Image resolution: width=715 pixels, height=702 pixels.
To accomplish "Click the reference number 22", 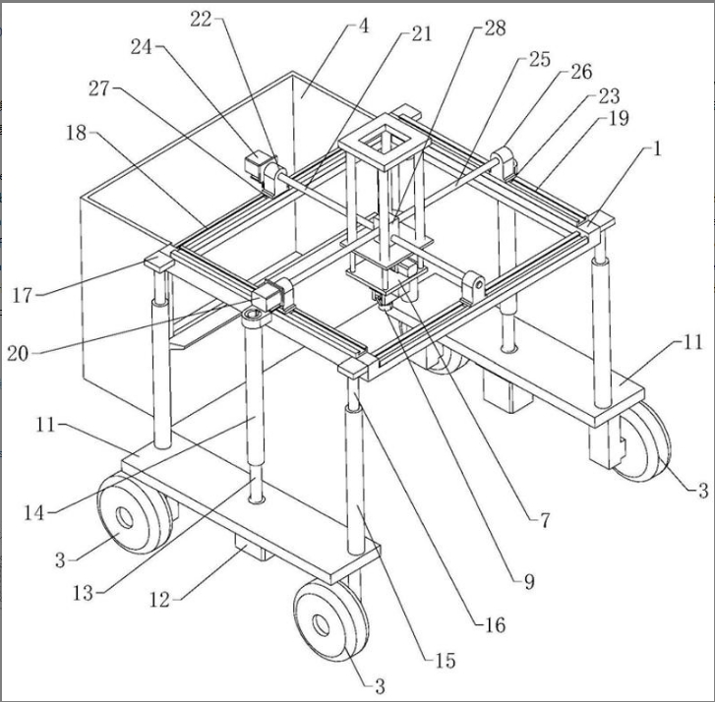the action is coord(201,20).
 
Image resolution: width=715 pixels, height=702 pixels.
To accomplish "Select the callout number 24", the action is coord(142,46).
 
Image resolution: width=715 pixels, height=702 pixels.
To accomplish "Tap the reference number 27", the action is coord(98,88).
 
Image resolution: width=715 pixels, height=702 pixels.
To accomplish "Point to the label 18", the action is coord(77,133).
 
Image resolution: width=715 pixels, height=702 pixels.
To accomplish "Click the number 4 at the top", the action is coord(364,26).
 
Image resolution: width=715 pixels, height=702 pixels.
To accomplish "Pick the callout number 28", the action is coord(496,29).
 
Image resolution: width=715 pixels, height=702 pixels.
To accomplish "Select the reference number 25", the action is coord(540,59).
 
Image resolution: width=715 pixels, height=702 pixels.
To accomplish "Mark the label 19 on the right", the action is coord(619,119).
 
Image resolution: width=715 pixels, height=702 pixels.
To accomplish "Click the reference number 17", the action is coord(23,295).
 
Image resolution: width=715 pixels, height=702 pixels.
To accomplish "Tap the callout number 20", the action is coord(19,353).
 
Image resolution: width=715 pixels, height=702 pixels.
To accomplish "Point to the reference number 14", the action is coord(34,513).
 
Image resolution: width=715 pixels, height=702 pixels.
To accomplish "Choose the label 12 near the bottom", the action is coord(159,600).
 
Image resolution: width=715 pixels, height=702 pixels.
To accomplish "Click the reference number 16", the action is coord(496,625).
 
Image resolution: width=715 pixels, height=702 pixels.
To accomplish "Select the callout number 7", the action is coord(545,520).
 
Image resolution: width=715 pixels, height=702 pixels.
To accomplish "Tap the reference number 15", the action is coord(446,661).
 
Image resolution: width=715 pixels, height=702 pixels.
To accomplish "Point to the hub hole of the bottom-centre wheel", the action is coord(321,624).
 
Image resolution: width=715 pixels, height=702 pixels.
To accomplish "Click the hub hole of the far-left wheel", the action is coord(124,518).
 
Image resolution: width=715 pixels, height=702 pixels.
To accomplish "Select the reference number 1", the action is coord(657,148).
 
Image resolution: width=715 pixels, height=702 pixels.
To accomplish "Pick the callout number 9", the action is coord(529,582).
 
